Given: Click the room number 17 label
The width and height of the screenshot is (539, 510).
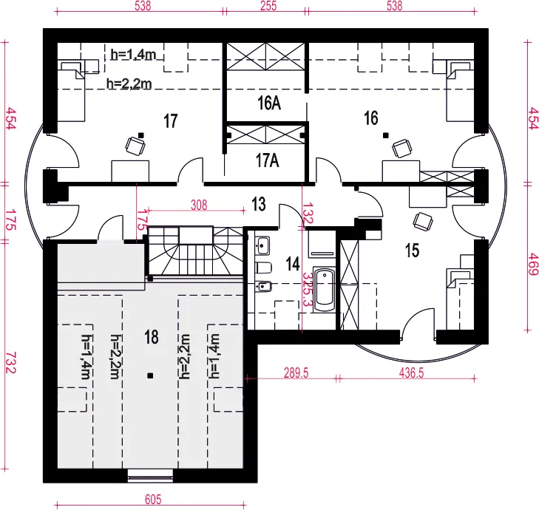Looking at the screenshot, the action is (171, 121).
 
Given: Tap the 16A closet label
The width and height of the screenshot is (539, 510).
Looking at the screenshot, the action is (269, 103).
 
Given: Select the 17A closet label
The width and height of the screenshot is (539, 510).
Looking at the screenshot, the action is (268, 160).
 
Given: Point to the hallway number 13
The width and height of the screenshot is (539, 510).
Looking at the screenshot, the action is (259, 204).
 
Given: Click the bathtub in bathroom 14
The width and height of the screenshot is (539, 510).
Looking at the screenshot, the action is (324, 289).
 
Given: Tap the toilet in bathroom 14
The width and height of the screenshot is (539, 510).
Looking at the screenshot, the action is (264, 268).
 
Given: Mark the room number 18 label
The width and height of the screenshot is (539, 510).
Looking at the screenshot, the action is (152, 337).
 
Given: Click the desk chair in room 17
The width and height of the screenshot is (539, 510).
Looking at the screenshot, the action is (135, 146).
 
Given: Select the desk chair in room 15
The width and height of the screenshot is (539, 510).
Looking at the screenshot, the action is (423, 221).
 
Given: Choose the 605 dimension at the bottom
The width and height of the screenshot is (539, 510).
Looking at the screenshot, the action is (153, 500).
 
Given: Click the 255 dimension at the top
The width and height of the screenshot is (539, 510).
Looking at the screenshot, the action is (268, 5).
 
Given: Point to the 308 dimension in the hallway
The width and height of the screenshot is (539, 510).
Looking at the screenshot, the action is (199, 205).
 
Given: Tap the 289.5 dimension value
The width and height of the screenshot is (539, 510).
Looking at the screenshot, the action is (296, 373).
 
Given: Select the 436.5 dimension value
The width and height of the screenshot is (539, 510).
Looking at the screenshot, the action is (412, 373).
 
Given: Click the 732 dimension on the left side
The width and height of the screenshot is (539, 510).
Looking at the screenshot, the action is (11, 363).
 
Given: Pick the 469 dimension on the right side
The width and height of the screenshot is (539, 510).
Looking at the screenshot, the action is (533, 264).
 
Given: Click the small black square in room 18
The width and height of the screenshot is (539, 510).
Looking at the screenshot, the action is (150, 376).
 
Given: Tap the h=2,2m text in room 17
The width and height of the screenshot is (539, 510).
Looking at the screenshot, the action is (129, 84).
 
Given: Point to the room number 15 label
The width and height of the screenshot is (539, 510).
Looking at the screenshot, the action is (412, 250).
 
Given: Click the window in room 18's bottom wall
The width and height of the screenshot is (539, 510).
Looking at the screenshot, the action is (150, 475).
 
